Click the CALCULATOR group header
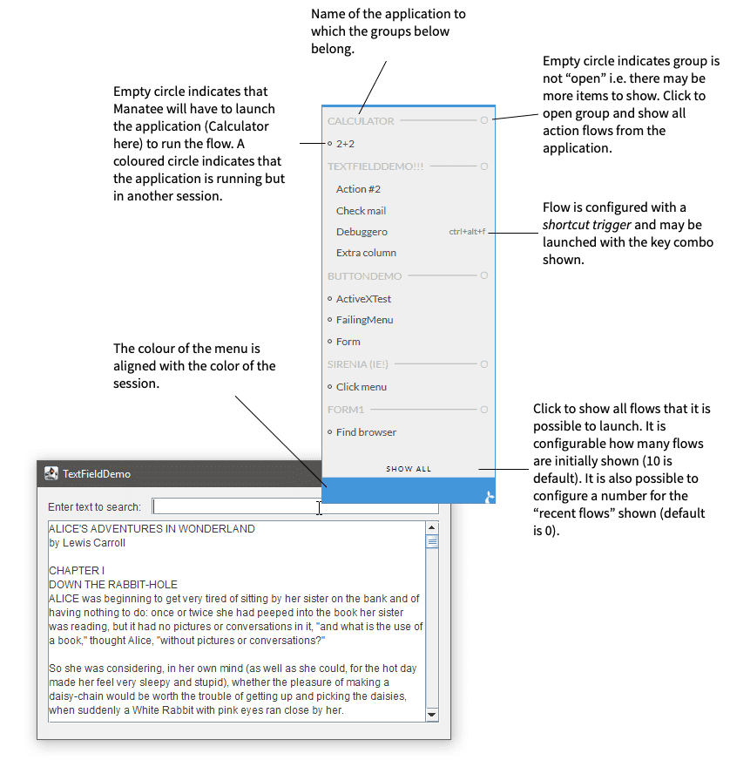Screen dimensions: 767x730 tap(361, 121)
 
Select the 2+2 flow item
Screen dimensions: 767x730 tap(345, 143)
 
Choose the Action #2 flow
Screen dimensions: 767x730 tap(358, 189)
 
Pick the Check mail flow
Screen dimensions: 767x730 tap(361, 211)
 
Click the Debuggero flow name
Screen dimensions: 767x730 tap(362, 232)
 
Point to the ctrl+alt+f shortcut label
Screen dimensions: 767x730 tap(467, 232)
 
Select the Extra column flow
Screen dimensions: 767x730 tap(366, 253)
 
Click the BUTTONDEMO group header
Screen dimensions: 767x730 tap(364, 276)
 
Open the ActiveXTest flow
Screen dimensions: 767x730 tap(363, 299)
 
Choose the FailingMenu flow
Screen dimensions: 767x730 tap(364, 320)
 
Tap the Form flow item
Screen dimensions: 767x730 tap(348, 342)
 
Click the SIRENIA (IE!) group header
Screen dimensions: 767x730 tap(359, 364)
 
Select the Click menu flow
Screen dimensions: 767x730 tap(361, 387)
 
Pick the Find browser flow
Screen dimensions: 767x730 tap(366, 432)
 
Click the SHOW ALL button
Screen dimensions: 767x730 tap(409, 469)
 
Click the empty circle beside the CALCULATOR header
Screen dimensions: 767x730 tap(484, 120)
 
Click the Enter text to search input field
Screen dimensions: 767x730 tap(294, 506)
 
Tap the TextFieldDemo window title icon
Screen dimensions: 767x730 tap(51, 473)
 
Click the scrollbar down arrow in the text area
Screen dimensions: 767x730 tap(432, 715)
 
